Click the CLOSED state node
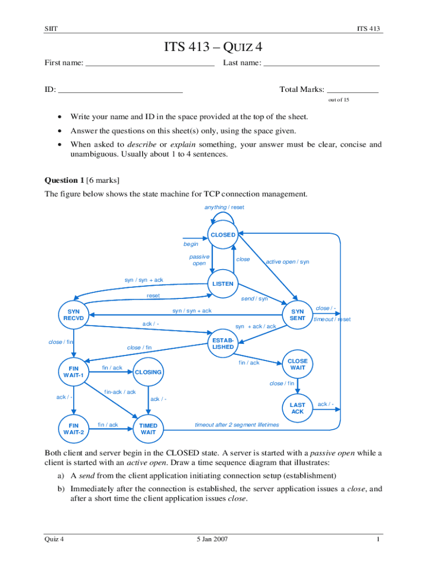click(x=223, y=235)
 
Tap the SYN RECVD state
click(x=74, y=315)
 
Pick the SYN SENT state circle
click(x=298, y=315)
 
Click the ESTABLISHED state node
click(x=223, y=343)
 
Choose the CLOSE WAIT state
click(x=298, y=364)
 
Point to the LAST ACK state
click(x=298, y=408)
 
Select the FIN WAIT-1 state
click(x=74, y=372)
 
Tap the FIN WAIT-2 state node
click(x=74, y=429)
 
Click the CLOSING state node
click(x=148, y=372)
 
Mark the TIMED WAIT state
click(x=148, y=429)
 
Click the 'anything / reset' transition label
click(x=224, y=207)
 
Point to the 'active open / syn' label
click(x=287, y=262)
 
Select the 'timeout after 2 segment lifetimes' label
click(x=237, y=425)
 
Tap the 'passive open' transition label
click(x=199, y=260)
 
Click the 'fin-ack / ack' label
click(x=120, y=392)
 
